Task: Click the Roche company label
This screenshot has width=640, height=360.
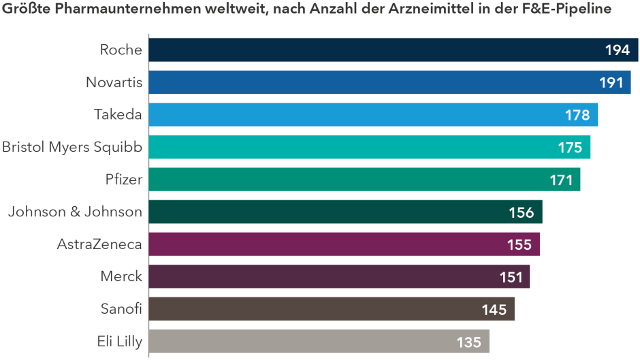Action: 121,50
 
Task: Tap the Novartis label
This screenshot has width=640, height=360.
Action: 114,82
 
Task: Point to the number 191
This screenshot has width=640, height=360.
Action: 611,82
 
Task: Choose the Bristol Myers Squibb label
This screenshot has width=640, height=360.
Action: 72,147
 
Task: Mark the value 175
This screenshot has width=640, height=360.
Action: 569,148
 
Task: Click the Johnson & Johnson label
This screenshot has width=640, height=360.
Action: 75,212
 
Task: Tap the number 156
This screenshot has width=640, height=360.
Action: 522,212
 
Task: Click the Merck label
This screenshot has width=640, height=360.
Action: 121,276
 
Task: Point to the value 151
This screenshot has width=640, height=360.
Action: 511,277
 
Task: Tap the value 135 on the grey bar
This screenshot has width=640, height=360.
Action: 469,342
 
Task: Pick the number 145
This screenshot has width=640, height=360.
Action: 494,310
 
